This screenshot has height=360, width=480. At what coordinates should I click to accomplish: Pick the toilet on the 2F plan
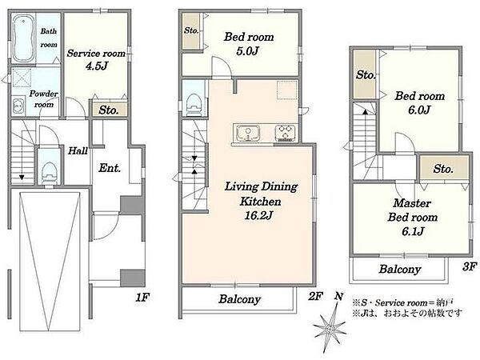pyautogui.click(x=194, y=105)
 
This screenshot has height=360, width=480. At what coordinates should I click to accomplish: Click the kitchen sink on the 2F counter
pyautogui.click(x=248, y=134)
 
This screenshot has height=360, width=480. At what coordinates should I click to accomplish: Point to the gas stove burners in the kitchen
pyautogui.click(x=286, y=134)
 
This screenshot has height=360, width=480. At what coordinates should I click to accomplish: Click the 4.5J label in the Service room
pyautogui.click(x=97, y=66)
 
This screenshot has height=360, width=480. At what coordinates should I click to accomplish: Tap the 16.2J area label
pyautogui.click(x=258, y=216)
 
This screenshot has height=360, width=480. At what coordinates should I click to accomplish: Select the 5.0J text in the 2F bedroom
pyautogui.click(x=247, y=51)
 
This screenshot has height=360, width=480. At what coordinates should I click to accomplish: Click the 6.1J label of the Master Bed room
pyautogui.click(x=413, y=231)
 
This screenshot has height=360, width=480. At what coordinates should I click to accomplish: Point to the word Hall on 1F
pyautogui.click(x=78, y=150)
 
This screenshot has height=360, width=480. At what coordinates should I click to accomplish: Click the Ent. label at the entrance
pyautogui.click(x=110, y=168)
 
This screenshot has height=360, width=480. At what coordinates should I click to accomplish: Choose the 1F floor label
pyautogui.click(x=142, y=297)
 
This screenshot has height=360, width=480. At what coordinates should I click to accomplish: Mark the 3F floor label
pyautogui.click(x=469, y=266)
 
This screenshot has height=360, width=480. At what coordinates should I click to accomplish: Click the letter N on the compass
pyautogui.click(x=338, y=296)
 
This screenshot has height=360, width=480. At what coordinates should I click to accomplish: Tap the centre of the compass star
pyautogui.click(x=330, y=330)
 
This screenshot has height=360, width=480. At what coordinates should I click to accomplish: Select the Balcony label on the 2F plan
pyautogui.click(x=239, y=299)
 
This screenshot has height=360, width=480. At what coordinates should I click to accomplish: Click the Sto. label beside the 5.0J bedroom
pyautogui.click(x=191, y=30)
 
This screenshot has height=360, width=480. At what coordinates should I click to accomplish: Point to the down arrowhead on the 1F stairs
pyautogui.click(x=22, y=178)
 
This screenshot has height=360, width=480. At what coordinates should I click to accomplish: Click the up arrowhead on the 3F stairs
pyautogui.click(x=366, y=112)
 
